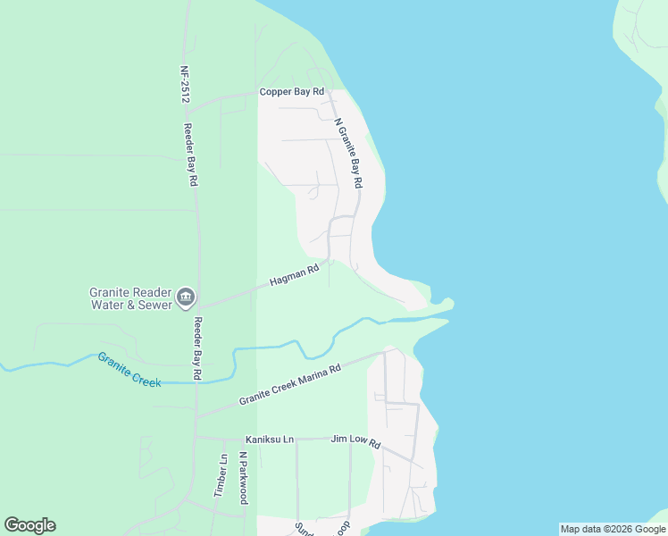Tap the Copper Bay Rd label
[x=290, y=92]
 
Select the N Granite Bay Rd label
[x=347, y=153]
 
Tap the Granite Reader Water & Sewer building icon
[x=186, y=297]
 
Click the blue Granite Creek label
[x=129, y=369]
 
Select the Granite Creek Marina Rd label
[x=290, y=385]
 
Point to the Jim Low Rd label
[x=355, y=440]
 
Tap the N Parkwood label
[x=242, y=478]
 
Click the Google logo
[x=29, y=525]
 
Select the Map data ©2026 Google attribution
[x=613, y=529]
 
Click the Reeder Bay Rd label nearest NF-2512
[x=190, y=154]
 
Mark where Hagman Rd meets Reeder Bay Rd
[x=196, y=308]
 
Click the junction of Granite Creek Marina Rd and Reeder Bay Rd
[x=196, y=416]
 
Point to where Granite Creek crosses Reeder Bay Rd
[x=196, y=383]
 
